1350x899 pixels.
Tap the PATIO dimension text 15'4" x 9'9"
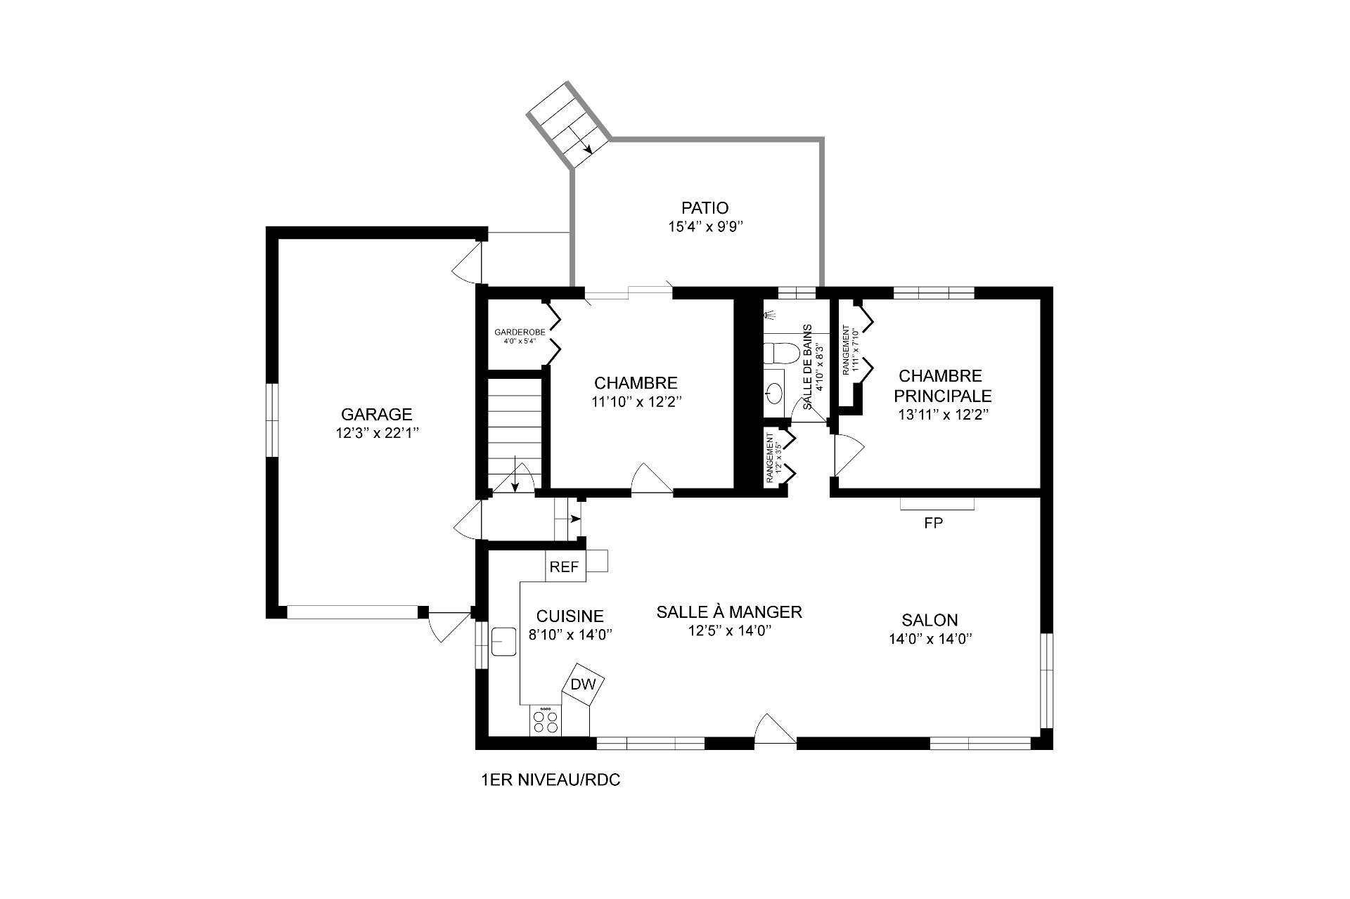tap(705, 227)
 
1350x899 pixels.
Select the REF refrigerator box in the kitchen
tap(564, 567)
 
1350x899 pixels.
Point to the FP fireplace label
tap(933, 523)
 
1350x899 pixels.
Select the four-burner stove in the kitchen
tap(545, 721)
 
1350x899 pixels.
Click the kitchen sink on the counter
tap(503, 640)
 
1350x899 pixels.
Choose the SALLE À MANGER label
tap(729, 612)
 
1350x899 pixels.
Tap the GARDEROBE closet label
tap(520, 332)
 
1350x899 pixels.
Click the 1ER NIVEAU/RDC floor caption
tap(551, 780)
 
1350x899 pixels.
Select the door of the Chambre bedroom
tap(652, 479)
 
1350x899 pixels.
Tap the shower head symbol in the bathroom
tap(769, 316)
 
